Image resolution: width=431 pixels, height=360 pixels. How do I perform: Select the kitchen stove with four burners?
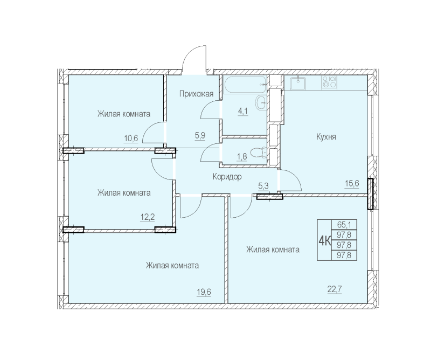pos(329,82)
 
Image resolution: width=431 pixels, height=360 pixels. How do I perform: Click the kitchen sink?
pos(297,82)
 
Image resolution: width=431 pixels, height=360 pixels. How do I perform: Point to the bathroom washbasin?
pos(261,101)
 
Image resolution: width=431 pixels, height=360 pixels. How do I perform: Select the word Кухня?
pos(326,137)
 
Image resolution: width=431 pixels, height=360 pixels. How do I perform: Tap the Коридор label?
pos(226,176)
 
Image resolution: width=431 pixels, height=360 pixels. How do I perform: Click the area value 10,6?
pos(131,138)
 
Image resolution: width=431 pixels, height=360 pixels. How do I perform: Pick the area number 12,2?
pos(148,218)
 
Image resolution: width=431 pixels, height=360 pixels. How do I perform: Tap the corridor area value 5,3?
pos(265,185)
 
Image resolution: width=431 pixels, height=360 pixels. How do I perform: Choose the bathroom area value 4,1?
pos(243,112)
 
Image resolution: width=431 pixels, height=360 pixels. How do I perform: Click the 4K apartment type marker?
pos(325,240)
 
